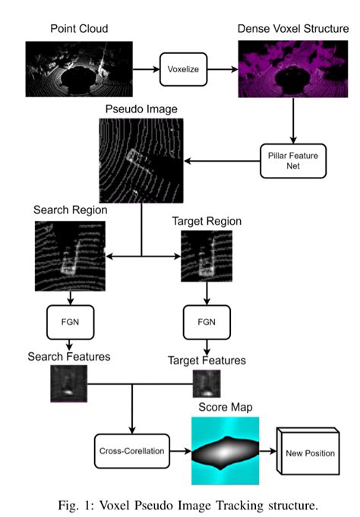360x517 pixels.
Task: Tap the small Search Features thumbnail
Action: (x=68, y=383)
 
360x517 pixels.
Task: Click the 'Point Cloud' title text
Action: (x=80, y=28)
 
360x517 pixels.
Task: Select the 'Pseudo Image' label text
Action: (x=142, y=109)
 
